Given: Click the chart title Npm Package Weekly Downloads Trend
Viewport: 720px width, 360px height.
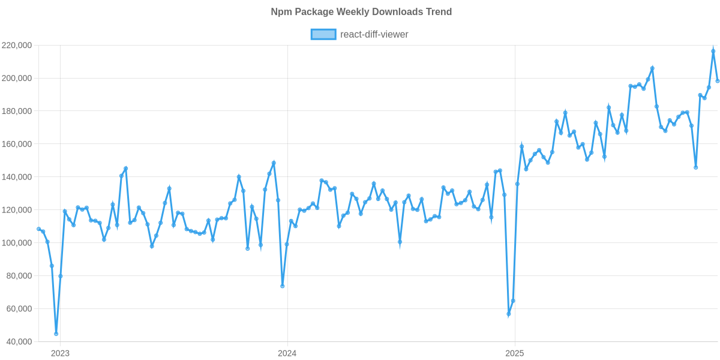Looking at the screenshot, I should (361, 12).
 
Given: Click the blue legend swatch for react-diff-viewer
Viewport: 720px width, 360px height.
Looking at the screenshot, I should (323, 35).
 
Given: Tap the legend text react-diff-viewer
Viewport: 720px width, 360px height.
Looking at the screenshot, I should (374, 35).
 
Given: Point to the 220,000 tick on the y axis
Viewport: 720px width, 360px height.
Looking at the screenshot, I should (17, 46).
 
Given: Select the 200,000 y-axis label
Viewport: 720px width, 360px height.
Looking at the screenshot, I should (17, 79).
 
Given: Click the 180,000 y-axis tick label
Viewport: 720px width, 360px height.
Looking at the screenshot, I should (17, 112).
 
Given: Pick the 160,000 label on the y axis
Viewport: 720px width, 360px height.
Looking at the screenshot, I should (17, 145).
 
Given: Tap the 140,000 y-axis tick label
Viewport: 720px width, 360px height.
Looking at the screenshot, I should (17, 178).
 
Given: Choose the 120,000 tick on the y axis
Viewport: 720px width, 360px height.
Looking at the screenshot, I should (17, 210).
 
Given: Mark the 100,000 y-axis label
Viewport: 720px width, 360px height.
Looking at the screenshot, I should (17, 243).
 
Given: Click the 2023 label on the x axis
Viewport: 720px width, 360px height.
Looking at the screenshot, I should (60, 353).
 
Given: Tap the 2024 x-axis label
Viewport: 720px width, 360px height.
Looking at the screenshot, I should (287, 353).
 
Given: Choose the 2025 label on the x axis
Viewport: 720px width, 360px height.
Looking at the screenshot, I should (514, 353).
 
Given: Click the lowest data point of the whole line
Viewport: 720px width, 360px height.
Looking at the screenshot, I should (56, 334).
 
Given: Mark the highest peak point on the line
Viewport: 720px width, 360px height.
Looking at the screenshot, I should (713, 51).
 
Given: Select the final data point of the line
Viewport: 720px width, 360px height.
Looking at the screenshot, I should (718, 81).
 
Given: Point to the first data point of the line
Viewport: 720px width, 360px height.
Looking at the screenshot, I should (38, 229).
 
